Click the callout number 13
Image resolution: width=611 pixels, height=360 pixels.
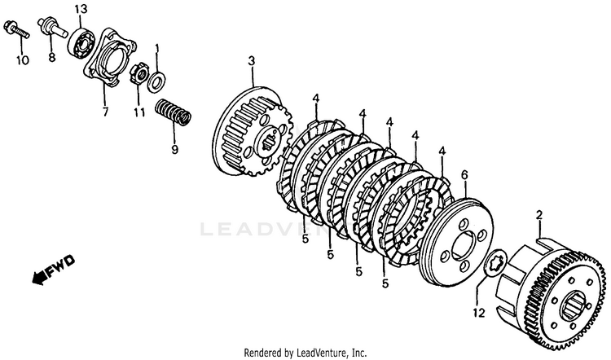coord(80,9)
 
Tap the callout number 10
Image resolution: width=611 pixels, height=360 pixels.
coord(21,59)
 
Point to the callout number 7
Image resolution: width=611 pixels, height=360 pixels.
coord(104,112)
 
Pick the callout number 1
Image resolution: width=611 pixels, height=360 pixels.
coord(157,50)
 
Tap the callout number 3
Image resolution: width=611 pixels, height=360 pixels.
coord(252,61)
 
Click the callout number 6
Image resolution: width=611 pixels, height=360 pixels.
coord(464,174)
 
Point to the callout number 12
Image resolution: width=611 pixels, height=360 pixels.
coord(478,312)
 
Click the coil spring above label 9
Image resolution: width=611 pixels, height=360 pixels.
coord(174,112)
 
